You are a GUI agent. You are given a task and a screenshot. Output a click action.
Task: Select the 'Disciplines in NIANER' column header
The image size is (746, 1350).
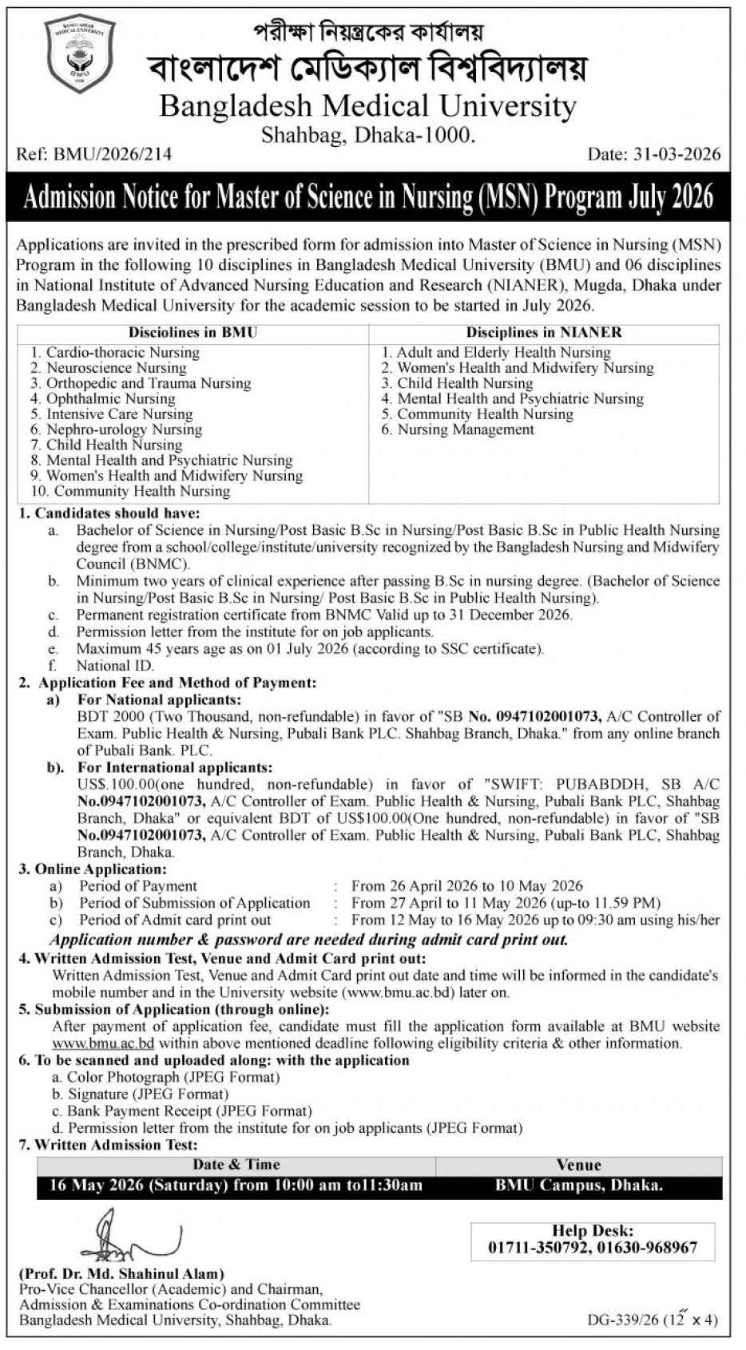[544, 333]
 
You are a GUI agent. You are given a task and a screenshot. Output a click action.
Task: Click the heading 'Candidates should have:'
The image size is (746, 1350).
[117, 513]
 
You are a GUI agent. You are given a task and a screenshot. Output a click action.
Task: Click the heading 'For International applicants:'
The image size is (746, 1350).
[175, 768]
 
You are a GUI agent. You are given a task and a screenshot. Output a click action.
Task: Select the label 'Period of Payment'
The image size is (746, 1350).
[137, 886]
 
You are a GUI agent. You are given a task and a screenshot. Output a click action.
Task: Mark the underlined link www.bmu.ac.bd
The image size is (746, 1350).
[103, 1043]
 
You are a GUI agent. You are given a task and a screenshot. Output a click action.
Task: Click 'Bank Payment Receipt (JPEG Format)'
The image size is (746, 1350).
[189, 1111]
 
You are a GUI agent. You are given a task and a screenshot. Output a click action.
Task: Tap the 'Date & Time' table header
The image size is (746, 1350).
[236, 1165]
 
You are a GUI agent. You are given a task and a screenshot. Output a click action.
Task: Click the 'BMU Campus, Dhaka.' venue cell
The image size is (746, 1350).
[579, 1186]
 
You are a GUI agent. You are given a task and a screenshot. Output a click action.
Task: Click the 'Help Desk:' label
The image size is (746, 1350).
[592, 1232]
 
